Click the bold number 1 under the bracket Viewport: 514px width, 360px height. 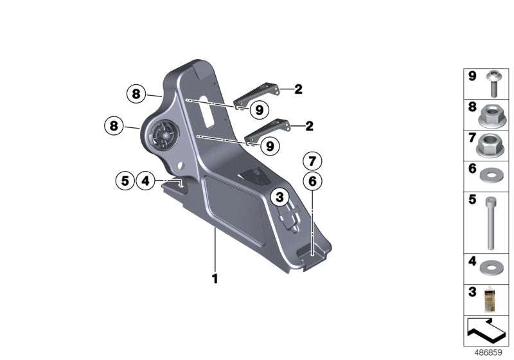215,280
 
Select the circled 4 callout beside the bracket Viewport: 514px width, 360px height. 145,181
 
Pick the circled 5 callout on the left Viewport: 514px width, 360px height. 125,181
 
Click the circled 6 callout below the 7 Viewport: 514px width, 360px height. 312,182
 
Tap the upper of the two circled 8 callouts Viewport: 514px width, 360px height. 136,94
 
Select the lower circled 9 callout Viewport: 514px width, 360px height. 269,146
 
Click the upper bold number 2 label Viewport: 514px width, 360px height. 298,89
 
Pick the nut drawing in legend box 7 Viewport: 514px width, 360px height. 492,146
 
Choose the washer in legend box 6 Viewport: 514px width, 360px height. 492,174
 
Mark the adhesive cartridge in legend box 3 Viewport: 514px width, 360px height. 492,300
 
